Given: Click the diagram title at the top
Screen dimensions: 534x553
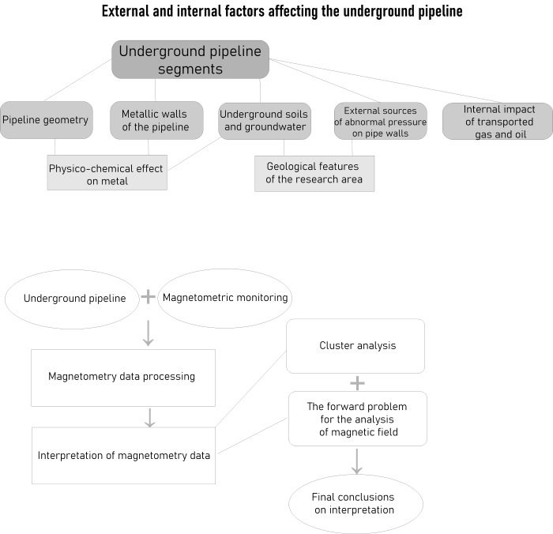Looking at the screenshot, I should pos(282,12).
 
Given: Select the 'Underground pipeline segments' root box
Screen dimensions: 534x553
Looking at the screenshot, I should pos(190,60).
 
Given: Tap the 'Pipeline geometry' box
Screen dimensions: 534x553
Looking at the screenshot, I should pos(45,121).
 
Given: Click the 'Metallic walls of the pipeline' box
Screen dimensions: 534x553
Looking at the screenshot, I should pos(156,121).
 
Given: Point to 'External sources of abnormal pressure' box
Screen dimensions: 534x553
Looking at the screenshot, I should pos(380,121).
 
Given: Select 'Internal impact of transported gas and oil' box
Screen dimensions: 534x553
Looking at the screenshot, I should pos(498,121).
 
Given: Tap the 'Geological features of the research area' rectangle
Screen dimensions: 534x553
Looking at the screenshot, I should pos(314,173).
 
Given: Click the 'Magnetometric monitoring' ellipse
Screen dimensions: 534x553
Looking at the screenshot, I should pos(225,299).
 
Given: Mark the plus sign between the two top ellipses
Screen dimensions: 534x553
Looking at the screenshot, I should pos(148,298).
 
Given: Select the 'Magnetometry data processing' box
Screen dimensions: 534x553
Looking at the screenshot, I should pos(122,377).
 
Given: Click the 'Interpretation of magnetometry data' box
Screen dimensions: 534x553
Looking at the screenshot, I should pos(123,455).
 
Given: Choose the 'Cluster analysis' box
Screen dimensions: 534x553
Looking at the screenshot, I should pos(356,345).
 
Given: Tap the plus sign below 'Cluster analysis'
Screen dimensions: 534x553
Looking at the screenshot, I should pos(357,382).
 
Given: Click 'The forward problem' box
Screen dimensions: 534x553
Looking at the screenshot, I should pos(357,419).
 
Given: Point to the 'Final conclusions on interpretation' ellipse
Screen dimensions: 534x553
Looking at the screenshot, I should pos(355,503).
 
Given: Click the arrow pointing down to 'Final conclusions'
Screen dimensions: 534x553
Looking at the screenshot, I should pos(357,461).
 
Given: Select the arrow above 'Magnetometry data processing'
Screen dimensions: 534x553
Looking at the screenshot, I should pos(148,333).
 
